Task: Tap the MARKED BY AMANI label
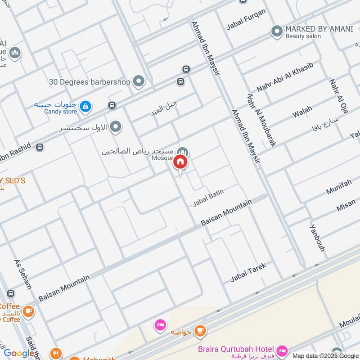tap(319, 29)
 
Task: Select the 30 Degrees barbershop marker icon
tap(139, 81)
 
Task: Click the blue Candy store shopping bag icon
tap(85, 107)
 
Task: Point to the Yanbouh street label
tap(317, 237)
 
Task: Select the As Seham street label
tap(23, 274)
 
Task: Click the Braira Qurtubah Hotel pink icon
tap(282, 350)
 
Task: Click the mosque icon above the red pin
tap(182, 152)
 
